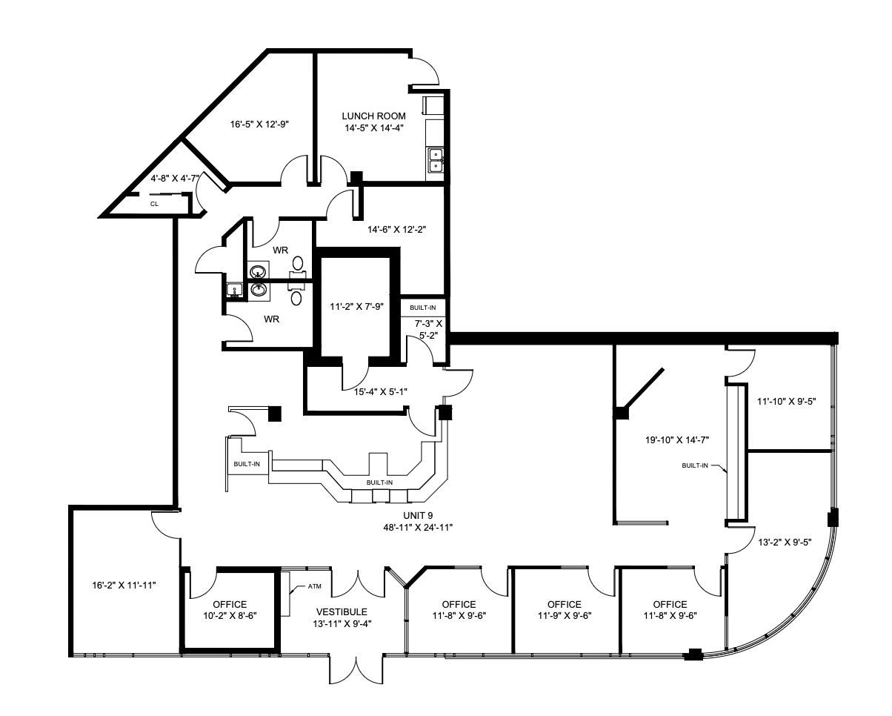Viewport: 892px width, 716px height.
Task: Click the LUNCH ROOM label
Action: (374, 116)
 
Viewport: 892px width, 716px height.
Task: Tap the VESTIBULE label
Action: (342, 612)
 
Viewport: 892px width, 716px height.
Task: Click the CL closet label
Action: (154, 202)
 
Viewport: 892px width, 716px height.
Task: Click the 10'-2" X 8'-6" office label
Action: (230, 615)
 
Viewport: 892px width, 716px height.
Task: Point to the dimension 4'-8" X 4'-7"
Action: (175, 179)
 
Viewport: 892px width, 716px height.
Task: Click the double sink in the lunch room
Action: (435, 161)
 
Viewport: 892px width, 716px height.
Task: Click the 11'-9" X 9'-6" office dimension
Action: (565, 615)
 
